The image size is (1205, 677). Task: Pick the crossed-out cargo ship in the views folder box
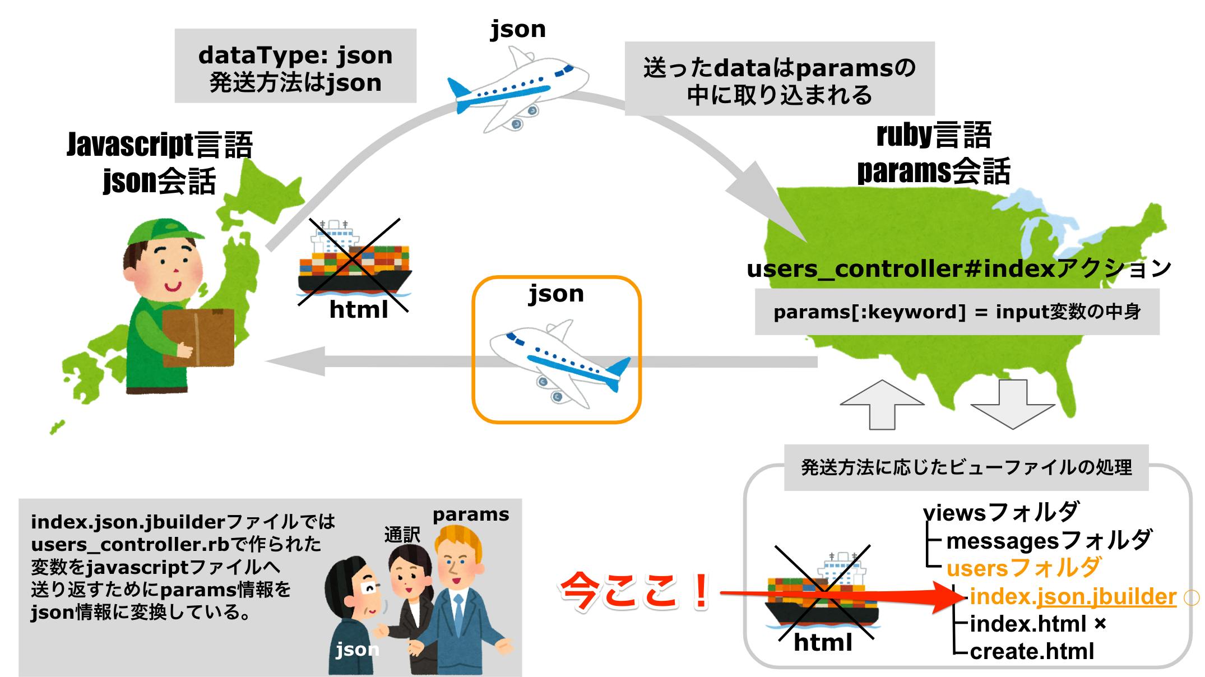822,594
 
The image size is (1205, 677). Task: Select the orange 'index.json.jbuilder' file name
1072,597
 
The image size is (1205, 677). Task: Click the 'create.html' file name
1031,652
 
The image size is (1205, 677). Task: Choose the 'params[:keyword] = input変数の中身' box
957,312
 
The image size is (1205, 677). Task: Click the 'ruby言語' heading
934,136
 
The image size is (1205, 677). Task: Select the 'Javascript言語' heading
160,145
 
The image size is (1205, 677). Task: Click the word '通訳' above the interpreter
402,535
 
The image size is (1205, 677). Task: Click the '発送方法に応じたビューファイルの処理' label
966,467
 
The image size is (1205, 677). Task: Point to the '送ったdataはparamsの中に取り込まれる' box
779,80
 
